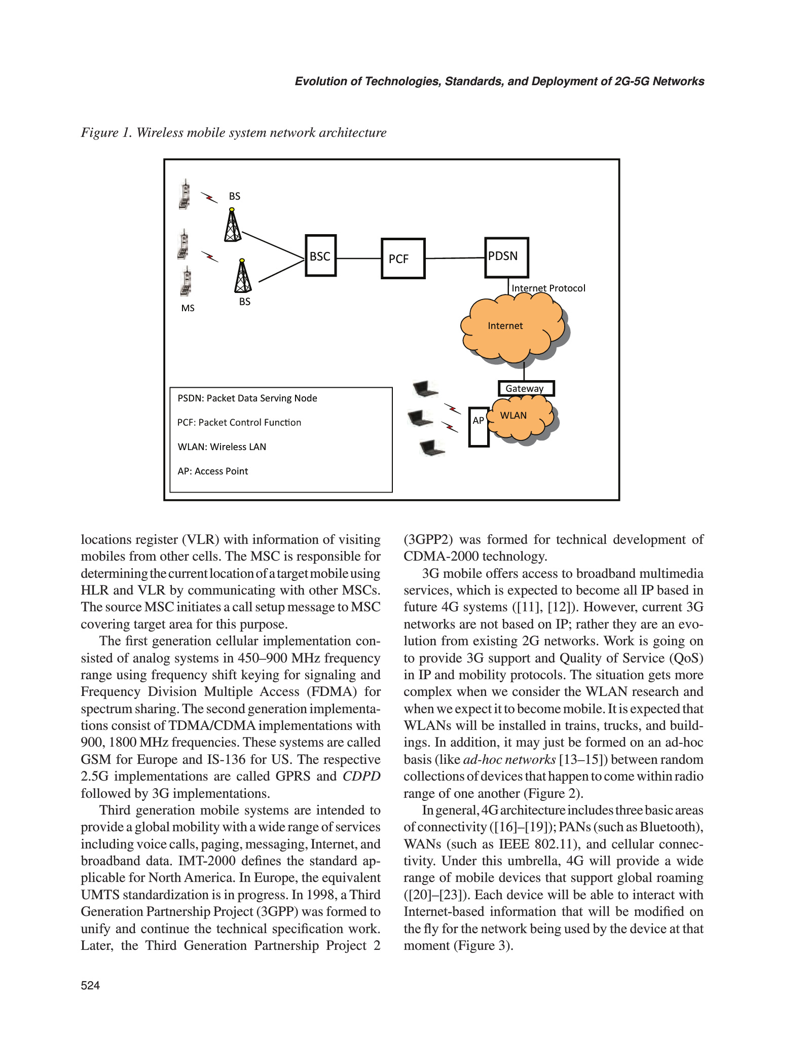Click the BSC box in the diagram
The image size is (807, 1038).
point(320,255)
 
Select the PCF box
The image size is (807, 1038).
point(403,258)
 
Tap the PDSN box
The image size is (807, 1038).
point(506,257)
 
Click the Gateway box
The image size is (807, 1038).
point(526,388)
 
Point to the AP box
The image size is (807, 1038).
point(479,427)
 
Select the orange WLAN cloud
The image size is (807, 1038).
point(522,418)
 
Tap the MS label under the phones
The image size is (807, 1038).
point(188,308)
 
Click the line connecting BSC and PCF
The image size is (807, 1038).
point(359,258)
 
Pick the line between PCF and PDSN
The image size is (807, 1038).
point(455,258)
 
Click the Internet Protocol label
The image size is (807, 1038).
point(548,288)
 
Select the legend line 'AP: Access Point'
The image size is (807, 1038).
point(212,471)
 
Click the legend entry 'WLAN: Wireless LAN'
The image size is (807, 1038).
point(222,447)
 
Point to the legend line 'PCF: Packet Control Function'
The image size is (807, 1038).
point(239,422)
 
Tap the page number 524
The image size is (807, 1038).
point(90,985)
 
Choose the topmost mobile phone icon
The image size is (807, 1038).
point(186,194)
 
